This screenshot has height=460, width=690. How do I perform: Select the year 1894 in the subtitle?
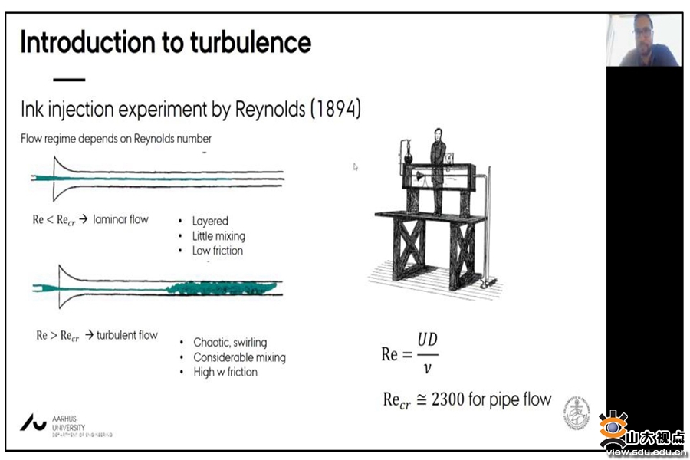coord(335,110)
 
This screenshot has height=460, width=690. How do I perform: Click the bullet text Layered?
coord(210,221)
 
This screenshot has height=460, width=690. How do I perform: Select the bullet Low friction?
coord(218,251)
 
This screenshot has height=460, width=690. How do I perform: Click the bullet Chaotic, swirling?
coord(230,343)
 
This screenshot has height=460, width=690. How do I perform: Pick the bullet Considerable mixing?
coord(239,357)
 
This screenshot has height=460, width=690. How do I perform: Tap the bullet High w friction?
coord(225,372)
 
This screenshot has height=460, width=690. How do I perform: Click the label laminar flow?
coord(121,219)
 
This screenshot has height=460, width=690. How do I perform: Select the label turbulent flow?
coord(127,335)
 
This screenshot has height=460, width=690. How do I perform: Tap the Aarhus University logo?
coord(34,422)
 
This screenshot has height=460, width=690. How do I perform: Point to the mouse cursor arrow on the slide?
coord(356,166)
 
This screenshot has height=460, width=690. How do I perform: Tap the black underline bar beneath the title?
coord(69,80)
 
